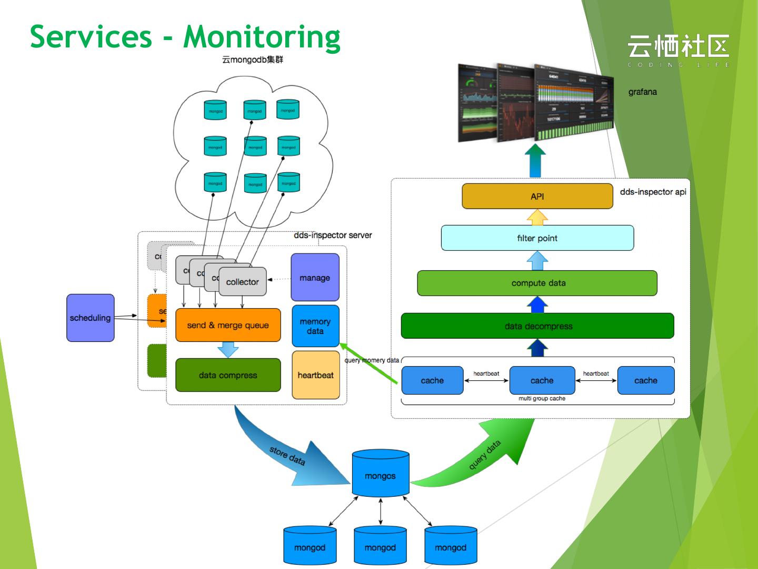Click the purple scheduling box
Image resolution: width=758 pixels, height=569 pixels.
(x=90, y=318)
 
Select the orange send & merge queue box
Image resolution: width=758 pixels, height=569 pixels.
(x=228, y=325)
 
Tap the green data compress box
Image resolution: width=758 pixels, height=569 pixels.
(x=228, y=375)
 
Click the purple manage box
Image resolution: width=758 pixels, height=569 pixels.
(x=315, y=278)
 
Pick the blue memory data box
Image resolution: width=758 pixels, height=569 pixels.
(x=315, y=326)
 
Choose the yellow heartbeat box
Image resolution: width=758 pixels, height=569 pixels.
(x=315, y=375)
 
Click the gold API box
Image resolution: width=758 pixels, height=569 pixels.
(x=537, y=197)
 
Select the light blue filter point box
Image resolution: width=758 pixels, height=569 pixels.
(x=537, y=238)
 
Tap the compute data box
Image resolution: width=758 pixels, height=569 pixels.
(x=537, y=283)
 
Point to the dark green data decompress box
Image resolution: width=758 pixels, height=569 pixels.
(x=537, y=326)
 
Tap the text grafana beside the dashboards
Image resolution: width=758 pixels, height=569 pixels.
(x=642, y=92)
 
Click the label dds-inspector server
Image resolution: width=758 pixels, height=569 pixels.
(x=333, y=235)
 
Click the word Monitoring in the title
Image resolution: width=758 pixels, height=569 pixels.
(x=262, y=37)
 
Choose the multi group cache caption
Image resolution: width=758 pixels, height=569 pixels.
(x=542, y=399)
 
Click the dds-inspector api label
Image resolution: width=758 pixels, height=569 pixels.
(x=653, y=192)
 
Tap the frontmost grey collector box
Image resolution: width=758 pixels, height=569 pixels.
(x=242, y=282)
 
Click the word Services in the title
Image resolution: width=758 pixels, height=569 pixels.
(x=91, y=37)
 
